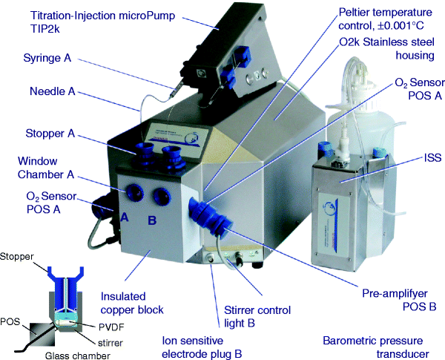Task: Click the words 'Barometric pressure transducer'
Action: (x=375, y=347)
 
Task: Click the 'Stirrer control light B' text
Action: (x=257, y=315)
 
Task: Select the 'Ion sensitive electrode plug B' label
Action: (x=202, y=347)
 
